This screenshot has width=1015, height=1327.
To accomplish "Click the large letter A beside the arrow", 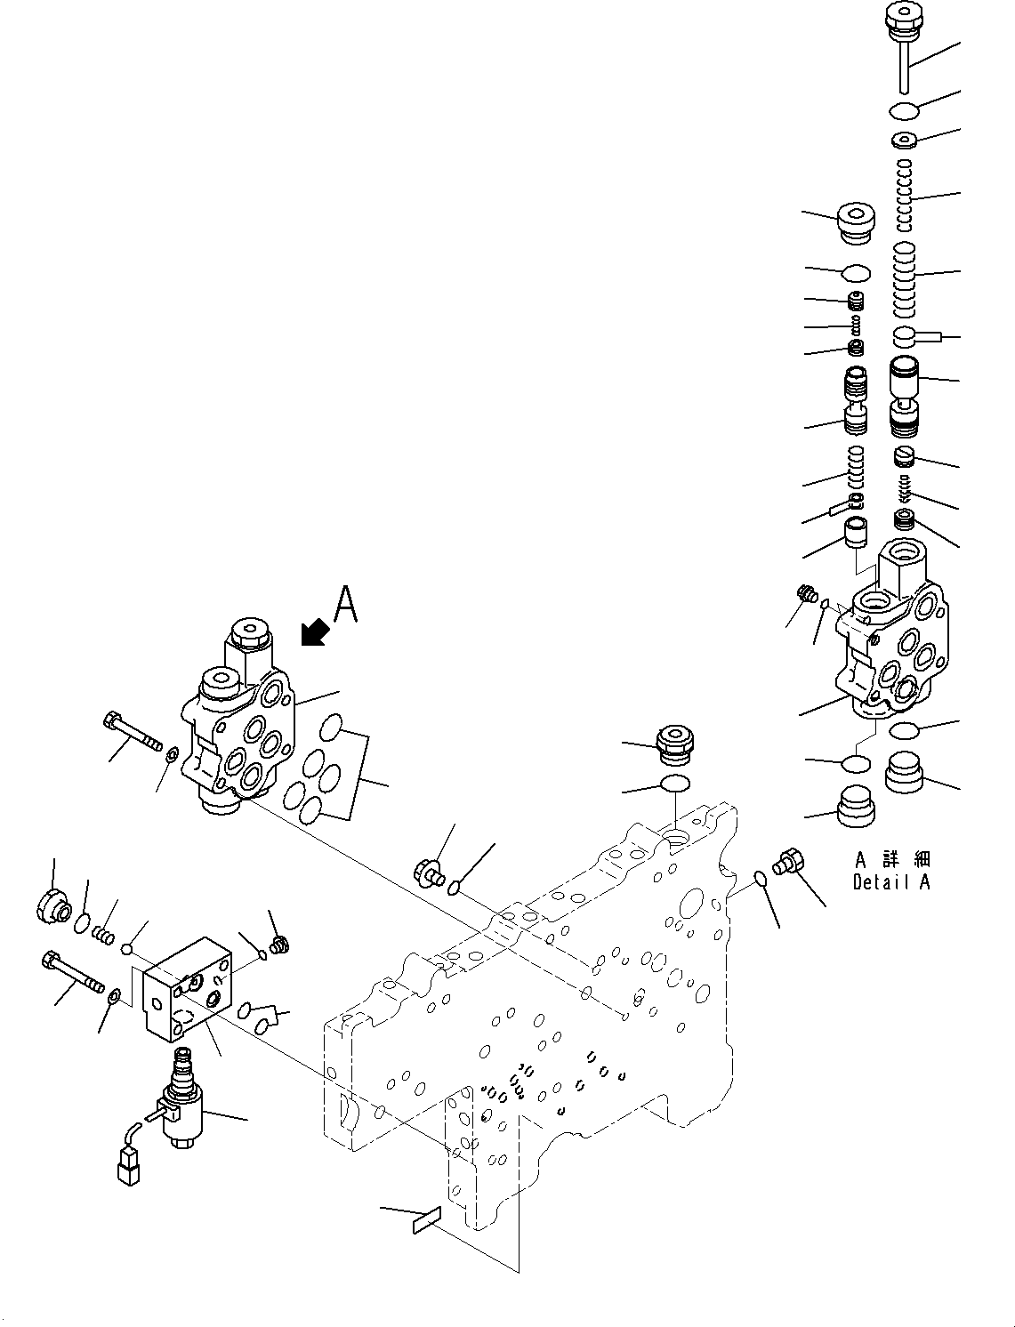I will pos(345,605).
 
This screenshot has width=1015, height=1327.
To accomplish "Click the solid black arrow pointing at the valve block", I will pos(314,632).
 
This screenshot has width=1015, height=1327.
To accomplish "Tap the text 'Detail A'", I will pos(890,883).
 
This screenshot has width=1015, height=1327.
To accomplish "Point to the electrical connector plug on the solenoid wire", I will pos(127,1165).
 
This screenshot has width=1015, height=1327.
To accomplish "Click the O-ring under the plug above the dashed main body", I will pos(675,783).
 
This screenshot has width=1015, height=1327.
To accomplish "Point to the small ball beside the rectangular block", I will pos(127,950).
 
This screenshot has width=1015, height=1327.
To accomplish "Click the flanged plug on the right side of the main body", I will pos(788,862).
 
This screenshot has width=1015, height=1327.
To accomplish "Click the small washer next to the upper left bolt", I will pos(171,756).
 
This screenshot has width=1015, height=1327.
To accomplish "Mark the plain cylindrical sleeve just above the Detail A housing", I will pos(856,533).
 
